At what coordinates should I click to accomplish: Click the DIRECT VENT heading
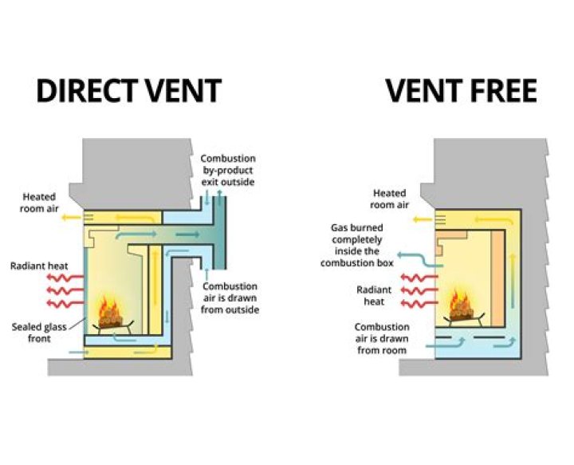(x=128, y=91)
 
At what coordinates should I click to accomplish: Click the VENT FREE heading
(x=461, y=91)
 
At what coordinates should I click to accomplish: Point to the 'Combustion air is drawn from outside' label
(x=230, y=298)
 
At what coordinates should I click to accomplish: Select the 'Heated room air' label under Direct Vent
(x=39, y=202)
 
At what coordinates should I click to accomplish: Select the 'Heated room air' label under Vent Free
(x=390, y=199)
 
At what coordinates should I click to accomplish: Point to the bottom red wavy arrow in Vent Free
(x=416, y=304)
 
